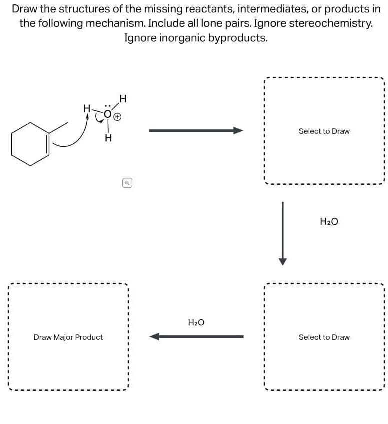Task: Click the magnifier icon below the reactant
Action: pyautogui.click(x=128, y=183)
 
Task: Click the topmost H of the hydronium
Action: pyautogui.click(x=123, y=98)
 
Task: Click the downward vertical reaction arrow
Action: pyautogui.click(x=283, y=233)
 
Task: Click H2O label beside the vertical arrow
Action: pyautogui.click(x=328, y=221)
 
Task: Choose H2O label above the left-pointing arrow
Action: pyautogui.click(x=196, y=323)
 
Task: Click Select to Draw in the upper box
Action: pyautogui.click(x=324, y=131)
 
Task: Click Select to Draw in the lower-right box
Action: pyautogui.click(x=324, y=337)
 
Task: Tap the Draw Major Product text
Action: pyautogui.click(x=68, y=337)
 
